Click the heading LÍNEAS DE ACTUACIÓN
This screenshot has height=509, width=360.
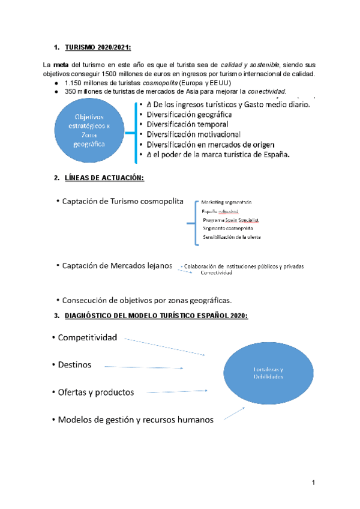104,178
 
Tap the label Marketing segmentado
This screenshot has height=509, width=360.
227,202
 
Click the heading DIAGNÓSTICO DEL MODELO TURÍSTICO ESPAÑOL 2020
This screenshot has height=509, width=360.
155,316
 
